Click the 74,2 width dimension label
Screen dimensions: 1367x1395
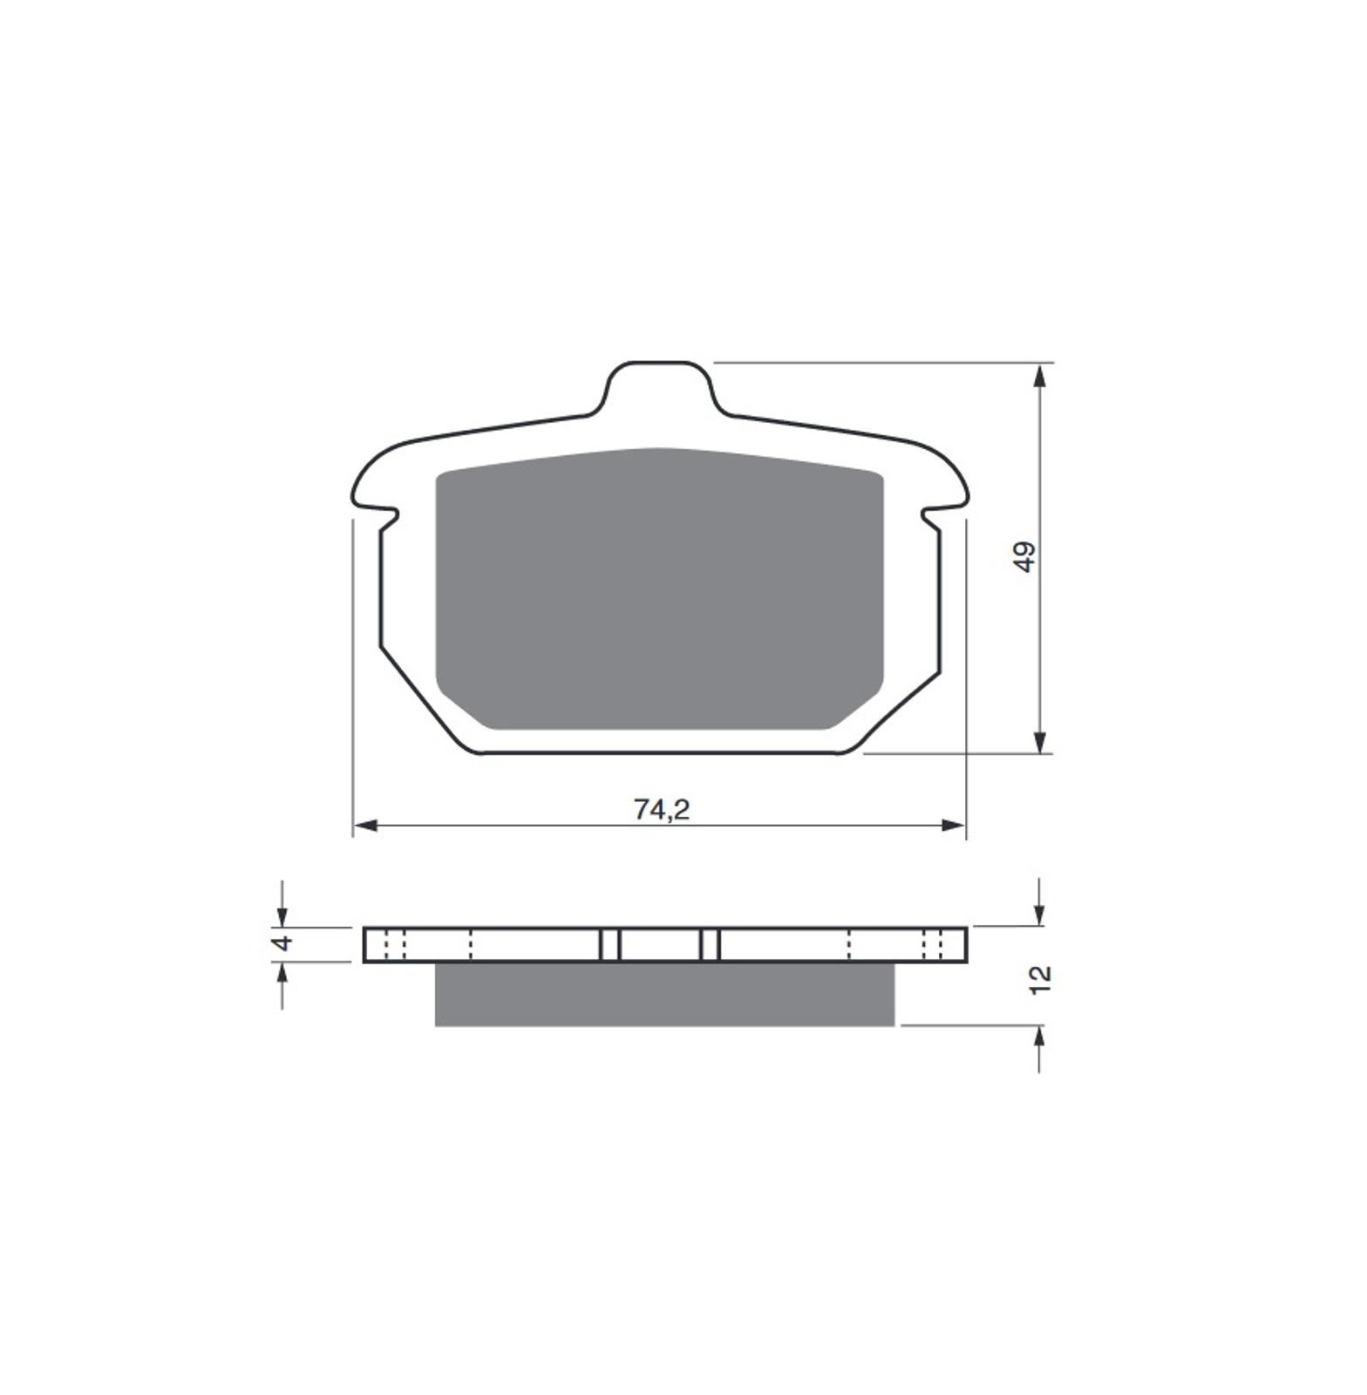point(662,810)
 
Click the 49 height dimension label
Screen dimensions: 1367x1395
point(1026,557)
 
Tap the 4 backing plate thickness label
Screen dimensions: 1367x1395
point(280,943)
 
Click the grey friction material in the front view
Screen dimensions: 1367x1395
point(659,589)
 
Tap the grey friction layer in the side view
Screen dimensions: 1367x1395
point(664,994)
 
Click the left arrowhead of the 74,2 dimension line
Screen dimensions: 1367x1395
point(365,825)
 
